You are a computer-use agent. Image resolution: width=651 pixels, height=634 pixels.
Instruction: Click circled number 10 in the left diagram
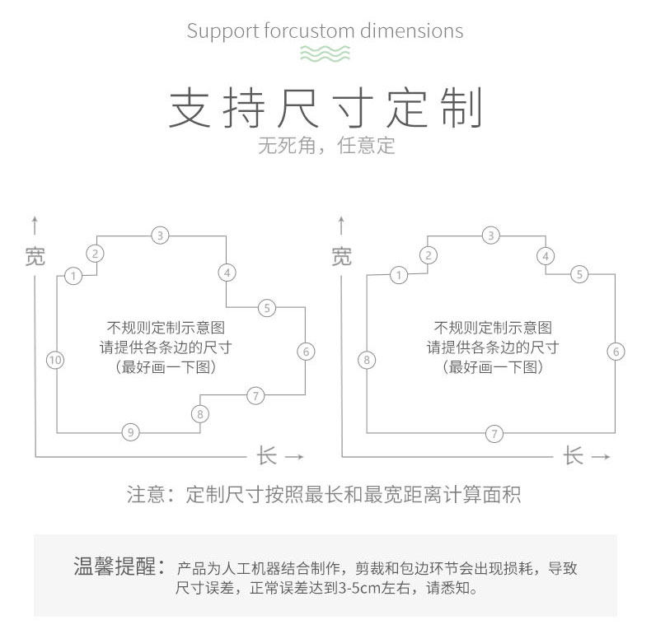coord(55,360)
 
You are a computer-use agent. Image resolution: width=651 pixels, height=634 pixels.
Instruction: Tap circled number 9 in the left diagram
coord(130,431)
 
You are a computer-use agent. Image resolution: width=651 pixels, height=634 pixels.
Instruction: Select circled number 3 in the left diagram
coord(161,235)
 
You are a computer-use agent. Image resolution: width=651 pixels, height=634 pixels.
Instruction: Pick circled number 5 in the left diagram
coord(266,308)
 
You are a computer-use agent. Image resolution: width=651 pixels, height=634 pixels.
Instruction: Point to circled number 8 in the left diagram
coord(199,414)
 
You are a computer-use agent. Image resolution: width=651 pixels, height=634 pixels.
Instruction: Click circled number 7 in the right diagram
coord(494,433)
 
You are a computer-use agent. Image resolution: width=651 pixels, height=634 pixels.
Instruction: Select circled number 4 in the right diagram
coord(546,256)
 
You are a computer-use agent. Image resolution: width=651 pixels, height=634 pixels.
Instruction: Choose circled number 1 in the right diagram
coord(399,275)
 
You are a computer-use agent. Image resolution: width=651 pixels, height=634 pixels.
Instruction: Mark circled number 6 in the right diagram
coord(616,352)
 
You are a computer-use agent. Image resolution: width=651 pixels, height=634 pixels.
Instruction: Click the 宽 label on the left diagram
coord(35,256)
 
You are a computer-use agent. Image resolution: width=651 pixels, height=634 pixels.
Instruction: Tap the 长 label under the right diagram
coord(574,455)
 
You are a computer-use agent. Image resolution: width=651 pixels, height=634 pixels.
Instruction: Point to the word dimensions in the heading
coord(412,31)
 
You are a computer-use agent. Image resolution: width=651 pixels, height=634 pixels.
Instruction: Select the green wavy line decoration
coord(325,54)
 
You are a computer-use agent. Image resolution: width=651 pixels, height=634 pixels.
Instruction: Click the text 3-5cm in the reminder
coord(362,589)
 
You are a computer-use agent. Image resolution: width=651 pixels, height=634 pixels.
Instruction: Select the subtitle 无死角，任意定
coord(326,147)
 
